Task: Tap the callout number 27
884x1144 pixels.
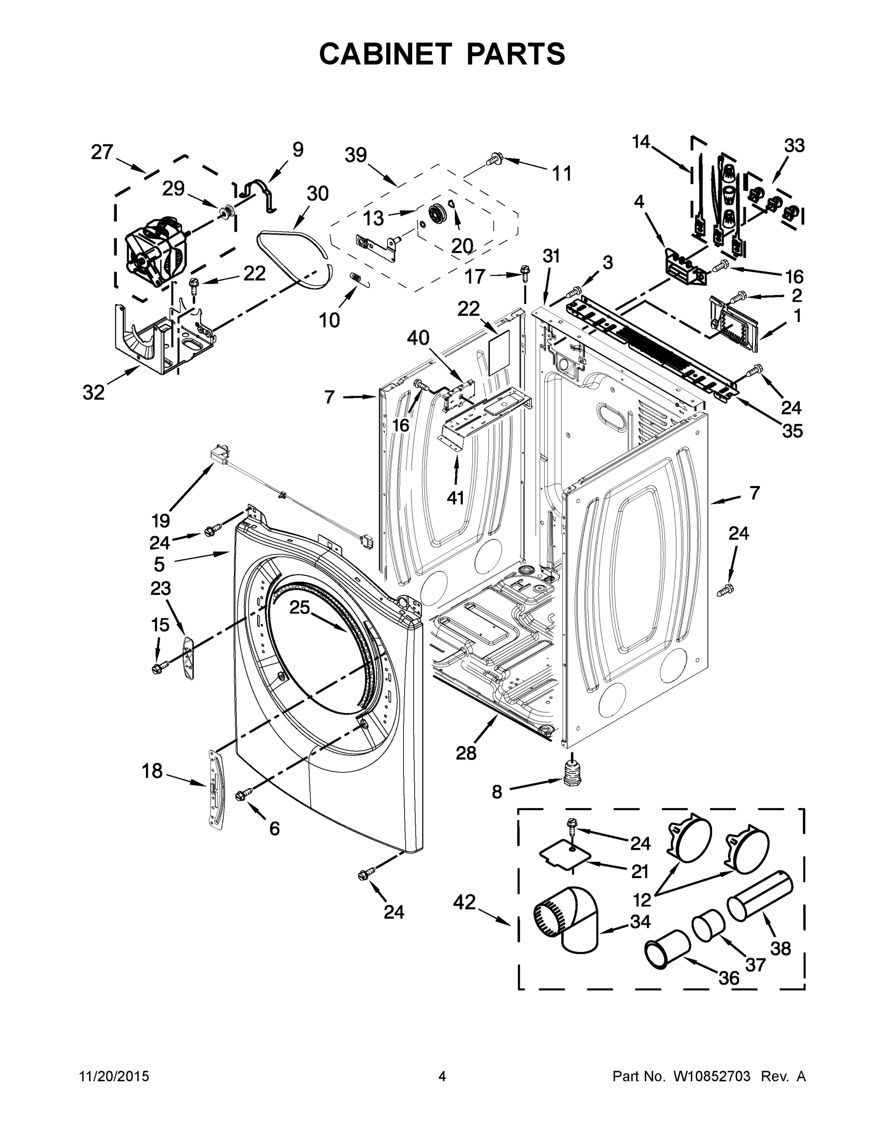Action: [102, 152]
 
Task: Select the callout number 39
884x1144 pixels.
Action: [356, 155]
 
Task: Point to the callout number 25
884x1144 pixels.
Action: [300, 607]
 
